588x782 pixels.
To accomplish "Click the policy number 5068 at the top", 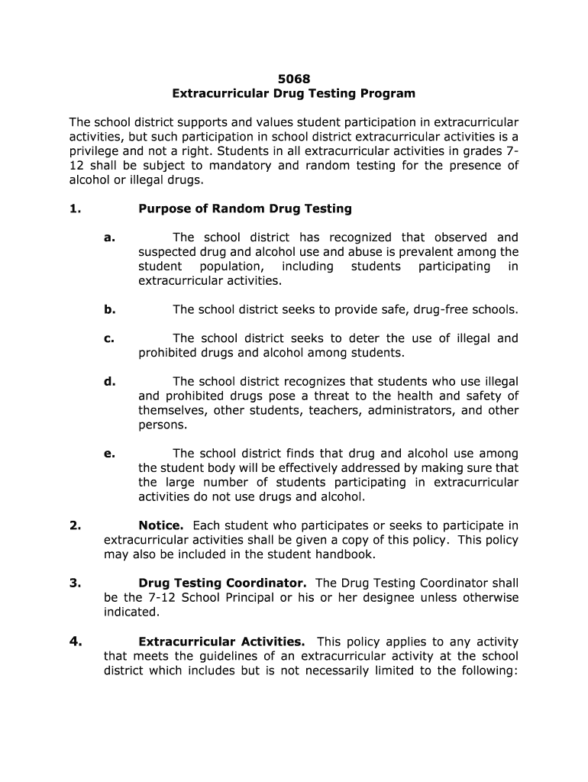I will click(x=293, y=78).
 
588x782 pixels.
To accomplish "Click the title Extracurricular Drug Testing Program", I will click(x=293, y=93).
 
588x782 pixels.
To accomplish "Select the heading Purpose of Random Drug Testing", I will click(x=244, y=208).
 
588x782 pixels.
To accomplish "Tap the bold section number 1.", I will click(x=74, y=208).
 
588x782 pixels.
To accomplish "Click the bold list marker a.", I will click(x=109, y=238).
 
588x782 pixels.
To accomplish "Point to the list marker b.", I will click(x=109, y=309).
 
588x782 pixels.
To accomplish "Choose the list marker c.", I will click(x=109, y=338).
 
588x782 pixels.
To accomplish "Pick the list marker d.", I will click(x=109, y=381).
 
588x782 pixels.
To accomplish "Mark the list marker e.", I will click(x=109, y=453).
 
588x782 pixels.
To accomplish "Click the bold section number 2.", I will click(x=75, y=525).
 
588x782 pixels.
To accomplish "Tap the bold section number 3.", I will click(x=75, y=583).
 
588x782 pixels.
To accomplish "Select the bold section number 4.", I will click(x=75, y=641).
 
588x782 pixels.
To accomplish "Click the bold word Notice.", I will click(x=161, y=525).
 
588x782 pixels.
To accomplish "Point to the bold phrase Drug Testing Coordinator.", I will click(x=222, y=583).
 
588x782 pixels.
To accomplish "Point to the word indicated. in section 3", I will click(x=131, y=612).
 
